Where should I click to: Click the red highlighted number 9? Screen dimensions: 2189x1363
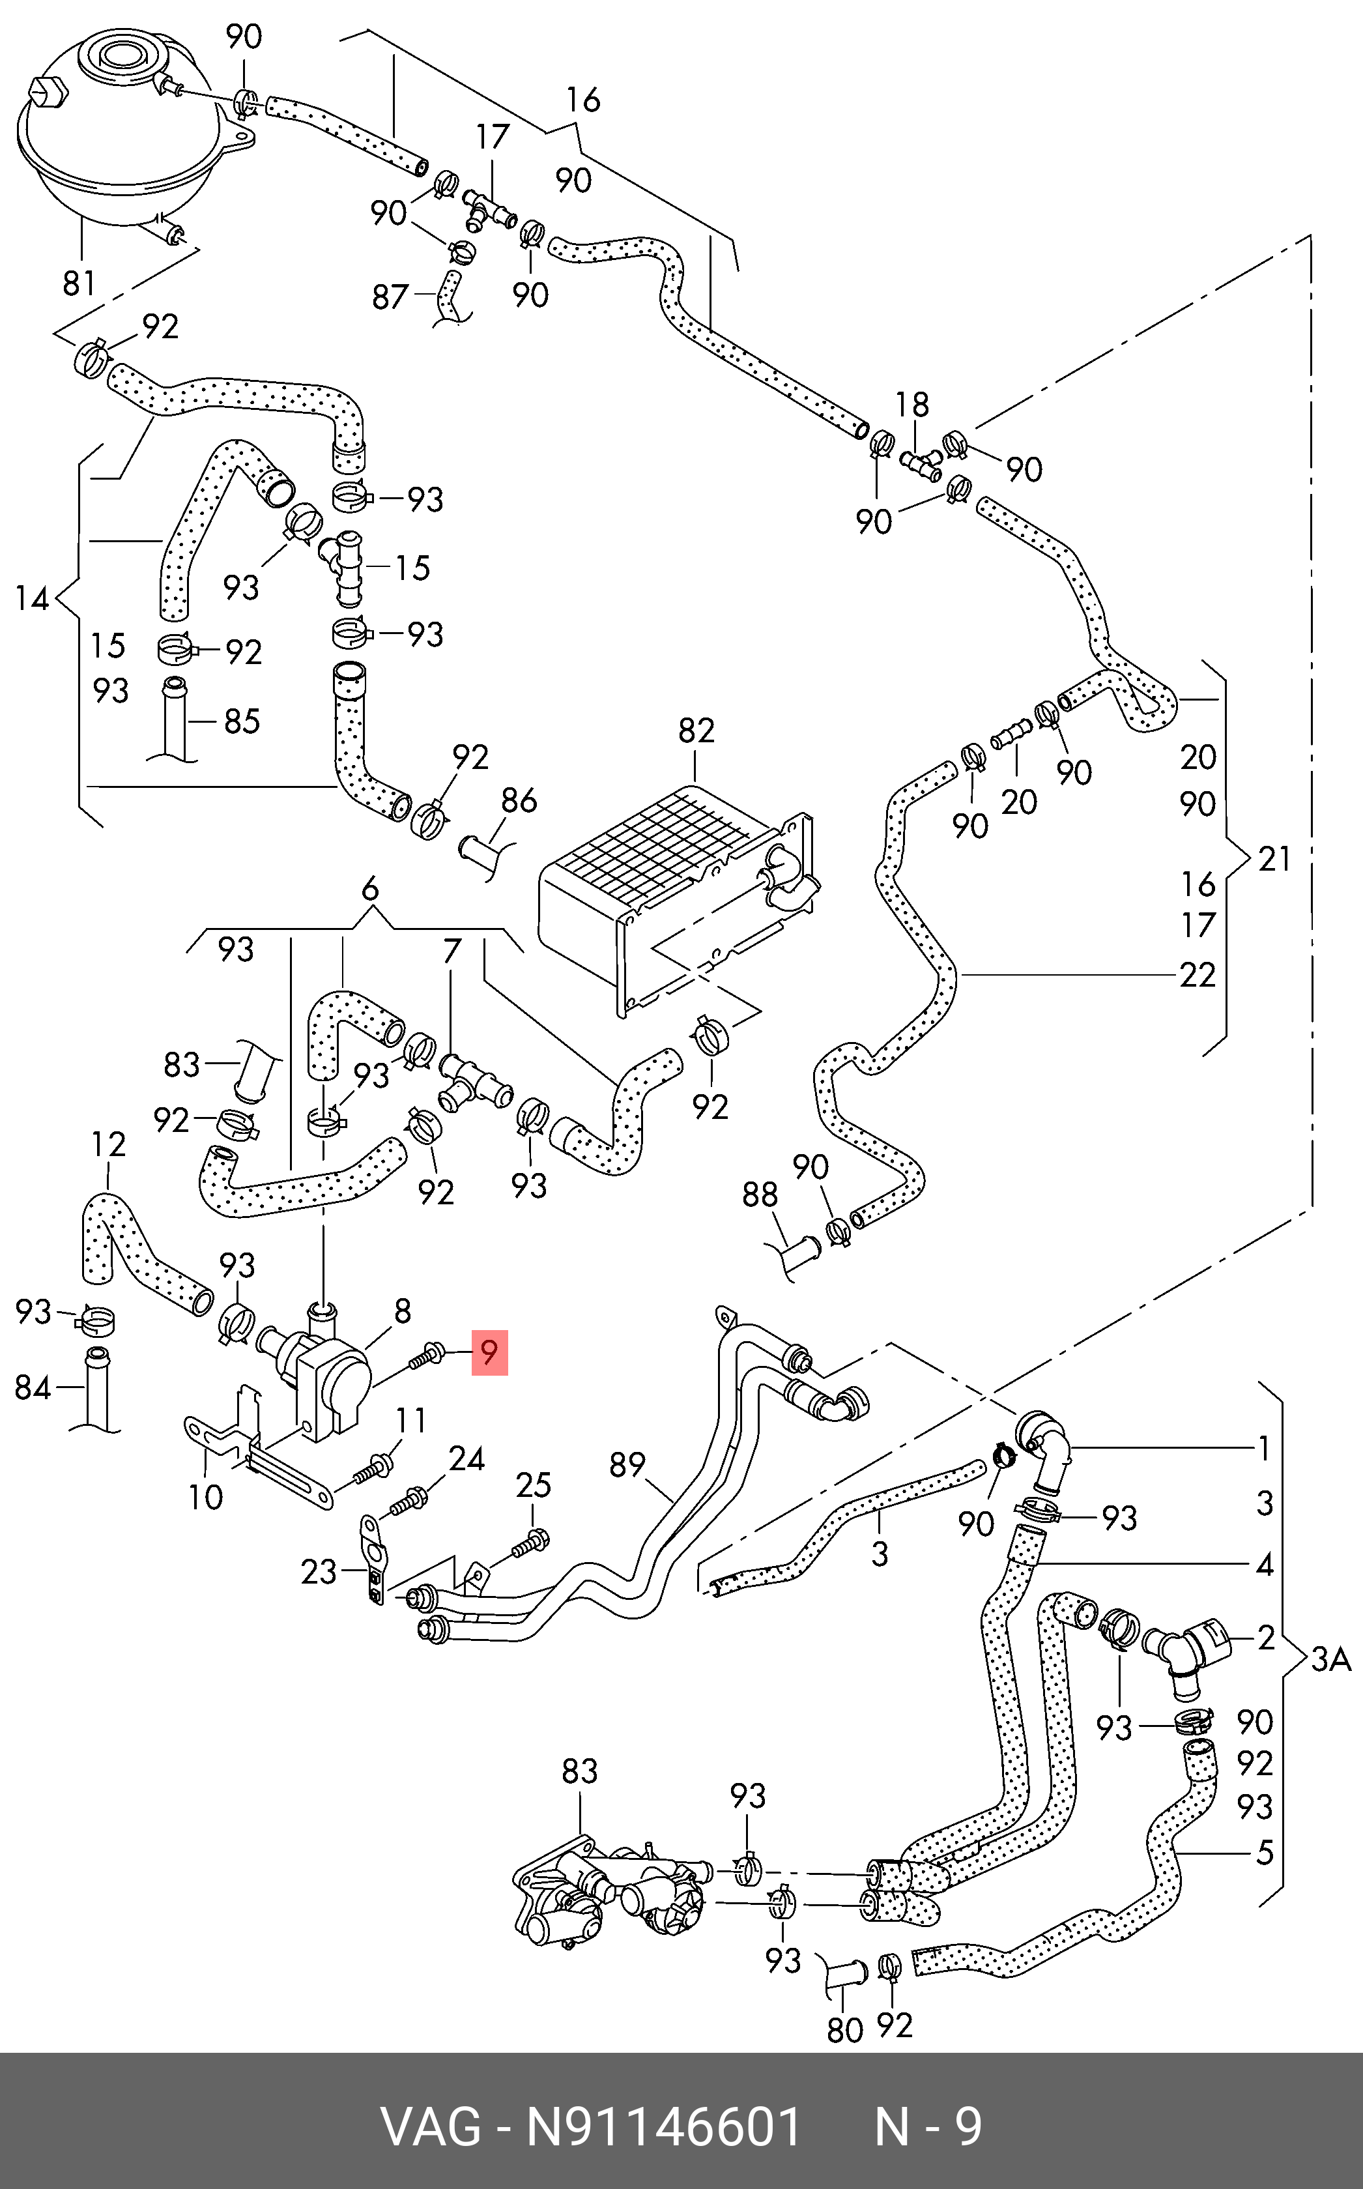coord(489,1352)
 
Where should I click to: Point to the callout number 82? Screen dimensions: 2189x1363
coord(696,731)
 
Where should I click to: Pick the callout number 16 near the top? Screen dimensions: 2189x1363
coord(583,100)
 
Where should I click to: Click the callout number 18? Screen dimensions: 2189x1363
coord(912,405)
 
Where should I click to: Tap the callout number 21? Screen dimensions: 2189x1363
coord(1274,859)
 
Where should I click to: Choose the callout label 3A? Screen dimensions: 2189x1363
coord(1330,1660)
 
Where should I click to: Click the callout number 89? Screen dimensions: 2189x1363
coord(627,1465)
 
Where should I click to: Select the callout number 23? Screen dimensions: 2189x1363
coord(318,1573)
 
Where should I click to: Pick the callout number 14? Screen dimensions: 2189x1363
coord(33,599)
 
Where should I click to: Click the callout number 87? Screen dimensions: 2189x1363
coord(390,297)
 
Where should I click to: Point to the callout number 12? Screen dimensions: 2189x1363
coord(108,1145)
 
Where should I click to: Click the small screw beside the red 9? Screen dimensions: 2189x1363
coord(425,1354)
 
